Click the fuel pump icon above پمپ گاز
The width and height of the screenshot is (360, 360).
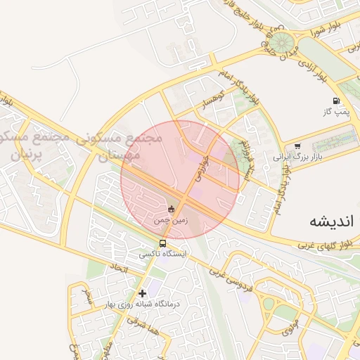(336, 101)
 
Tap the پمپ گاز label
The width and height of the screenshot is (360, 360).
(336, 112)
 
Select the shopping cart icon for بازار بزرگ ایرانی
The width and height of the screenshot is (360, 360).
(297, 146)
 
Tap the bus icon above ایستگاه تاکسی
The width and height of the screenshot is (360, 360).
(163, 244)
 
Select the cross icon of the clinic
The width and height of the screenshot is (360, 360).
(143, 292)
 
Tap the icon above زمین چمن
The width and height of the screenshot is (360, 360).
(172, 209)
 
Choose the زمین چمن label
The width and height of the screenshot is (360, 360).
(172, 220)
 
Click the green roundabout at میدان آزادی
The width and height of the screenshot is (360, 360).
(283, 41)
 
